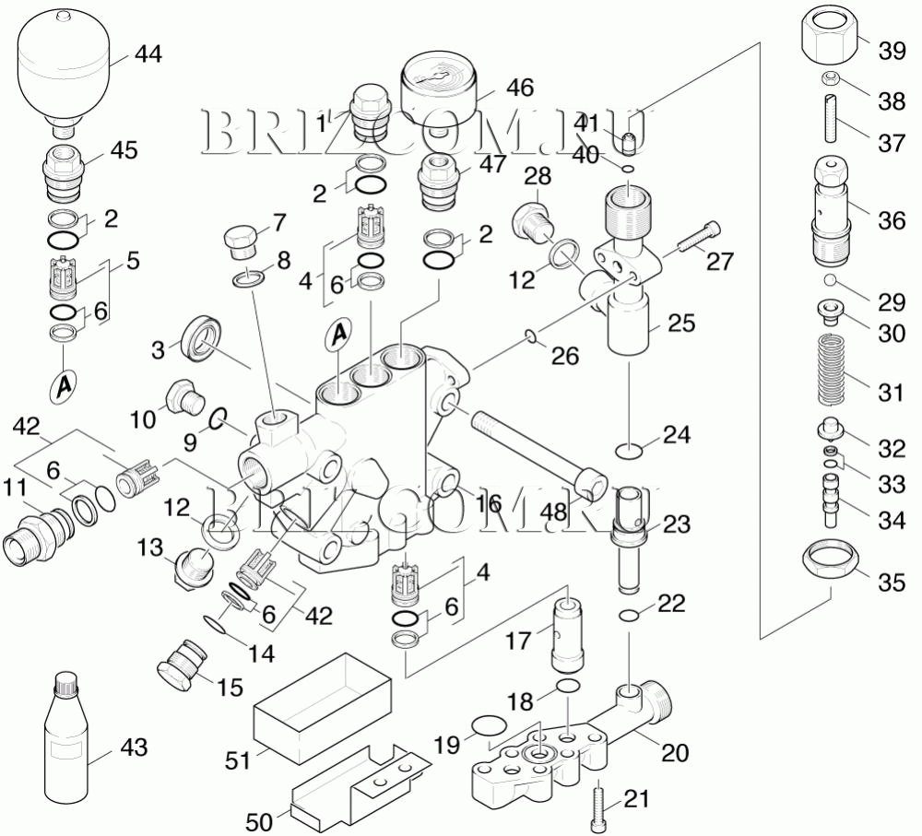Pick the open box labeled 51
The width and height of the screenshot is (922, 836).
323,701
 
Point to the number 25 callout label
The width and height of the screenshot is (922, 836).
682,324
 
